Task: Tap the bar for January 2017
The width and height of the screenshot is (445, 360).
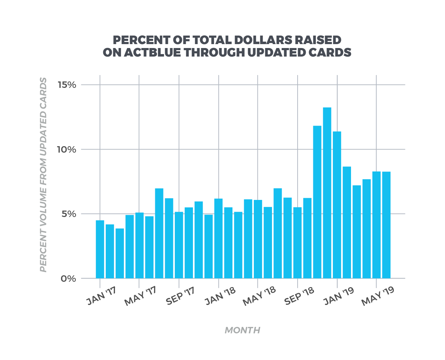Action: pyautogui.click(x=100, y=249)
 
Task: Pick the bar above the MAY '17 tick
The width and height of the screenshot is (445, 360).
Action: pyautogui.click(x=140, y=245)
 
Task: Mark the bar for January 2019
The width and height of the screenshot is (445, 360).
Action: pyautogui.click(x=337, y=205)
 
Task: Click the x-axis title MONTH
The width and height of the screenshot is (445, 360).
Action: pyautogui.click(x=242, y=330)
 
